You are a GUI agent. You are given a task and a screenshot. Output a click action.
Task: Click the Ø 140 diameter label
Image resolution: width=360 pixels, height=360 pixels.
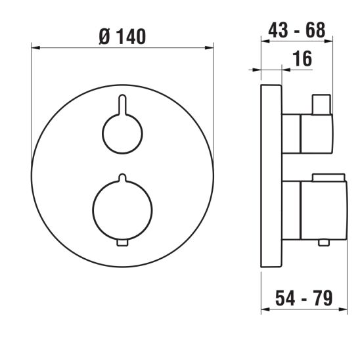click(x=122, y=37)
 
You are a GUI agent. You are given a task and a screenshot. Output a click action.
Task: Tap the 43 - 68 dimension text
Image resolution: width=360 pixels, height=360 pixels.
click(x=297, y=30)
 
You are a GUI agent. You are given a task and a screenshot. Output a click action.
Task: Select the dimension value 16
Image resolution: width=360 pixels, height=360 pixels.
click(x=303, y=58)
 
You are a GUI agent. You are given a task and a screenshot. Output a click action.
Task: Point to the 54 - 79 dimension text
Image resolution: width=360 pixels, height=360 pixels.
click(x=304, y=298)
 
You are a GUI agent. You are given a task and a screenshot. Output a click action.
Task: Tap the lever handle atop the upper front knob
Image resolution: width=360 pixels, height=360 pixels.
click(x=122, y=104)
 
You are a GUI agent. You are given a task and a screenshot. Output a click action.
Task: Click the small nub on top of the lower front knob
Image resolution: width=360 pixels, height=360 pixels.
click(x=122, y=178)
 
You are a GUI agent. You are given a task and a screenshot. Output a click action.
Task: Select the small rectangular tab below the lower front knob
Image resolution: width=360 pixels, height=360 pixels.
click(x=122, y=243)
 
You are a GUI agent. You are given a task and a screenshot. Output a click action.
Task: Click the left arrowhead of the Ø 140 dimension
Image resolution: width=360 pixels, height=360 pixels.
click(x=35, y=48)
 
